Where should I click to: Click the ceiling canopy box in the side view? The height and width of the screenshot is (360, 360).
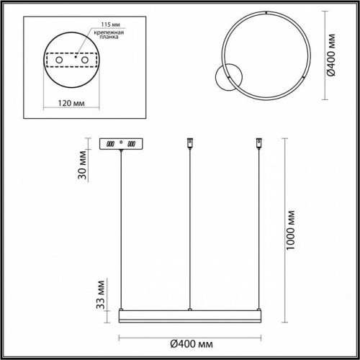122,143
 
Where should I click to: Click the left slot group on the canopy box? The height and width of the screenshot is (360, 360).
112,143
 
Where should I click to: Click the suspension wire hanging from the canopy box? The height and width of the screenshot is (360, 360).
122,230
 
